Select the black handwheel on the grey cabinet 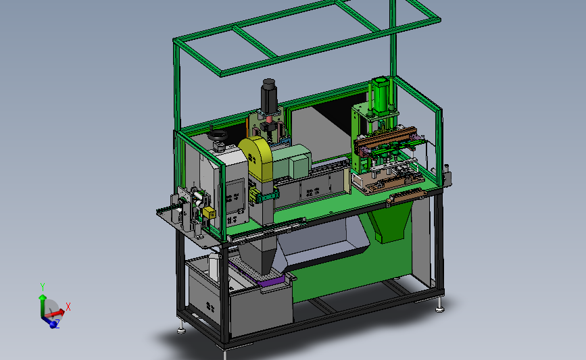(x=218, y=135)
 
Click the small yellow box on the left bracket (x=209, y=213)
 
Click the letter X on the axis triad (x=68, y=307)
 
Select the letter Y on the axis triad (x=43, y=287)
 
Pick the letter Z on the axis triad (x=57, y=322)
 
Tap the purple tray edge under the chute (x=268, y=281)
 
